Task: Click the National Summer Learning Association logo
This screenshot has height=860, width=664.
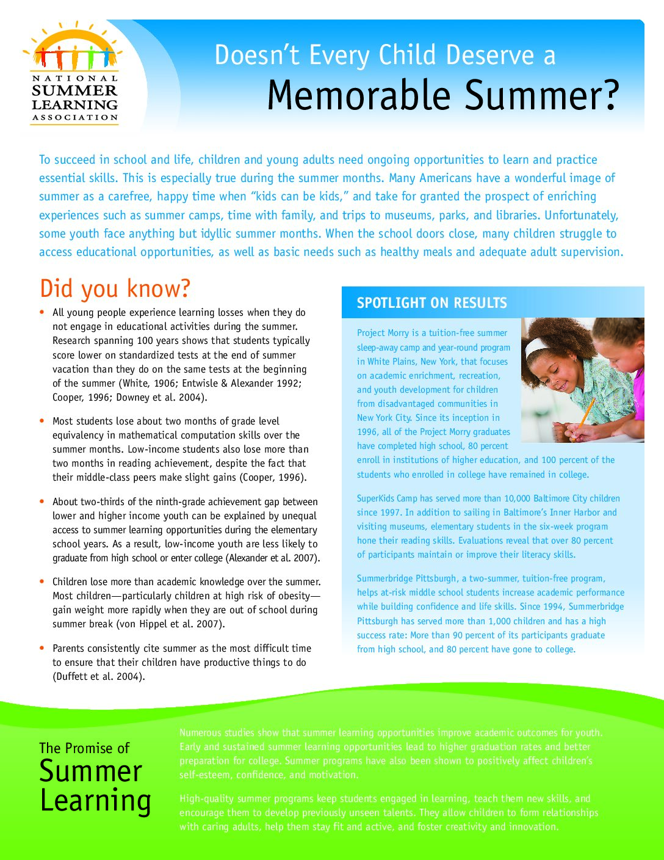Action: tap(74, 74)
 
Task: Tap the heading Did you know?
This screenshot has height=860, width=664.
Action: tap(115, 288)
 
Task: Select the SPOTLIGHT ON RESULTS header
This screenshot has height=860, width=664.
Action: tap(431, 303)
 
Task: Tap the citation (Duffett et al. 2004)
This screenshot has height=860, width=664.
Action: tap(99, 676)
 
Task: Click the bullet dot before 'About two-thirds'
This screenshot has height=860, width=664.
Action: tap(41, 501)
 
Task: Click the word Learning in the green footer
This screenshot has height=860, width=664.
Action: tap(95, 801)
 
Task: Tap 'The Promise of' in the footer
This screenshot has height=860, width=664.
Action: tap(84, 748)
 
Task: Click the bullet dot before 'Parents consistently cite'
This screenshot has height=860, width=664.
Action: tap(41, 647)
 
